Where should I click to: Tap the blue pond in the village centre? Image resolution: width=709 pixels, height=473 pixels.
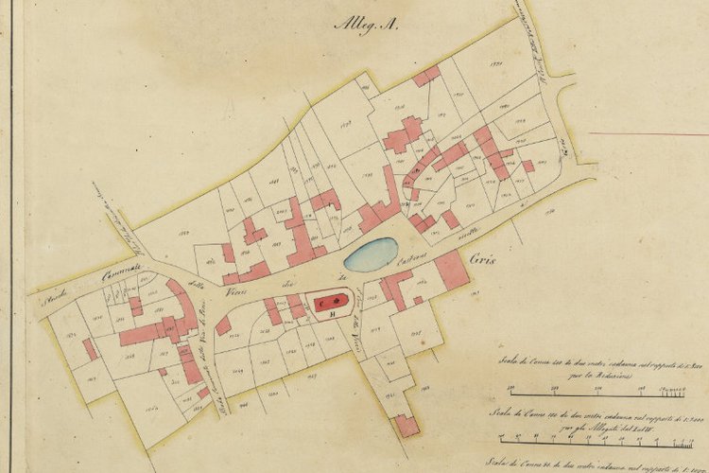pyautogui.click(x=371, y=254)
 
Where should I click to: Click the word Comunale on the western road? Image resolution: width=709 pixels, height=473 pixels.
pyautogui.click(x=121, y=275)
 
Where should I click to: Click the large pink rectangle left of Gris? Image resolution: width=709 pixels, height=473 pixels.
pyautogui.click(x=451, y=271)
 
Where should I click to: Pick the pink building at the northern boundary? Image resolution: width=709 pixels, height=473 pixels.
pyautogui.click(x=426, y=76)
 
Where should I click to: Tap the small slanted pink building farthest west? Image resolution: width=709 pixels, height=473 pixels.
pyautogui.click(x=90, y=349)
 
